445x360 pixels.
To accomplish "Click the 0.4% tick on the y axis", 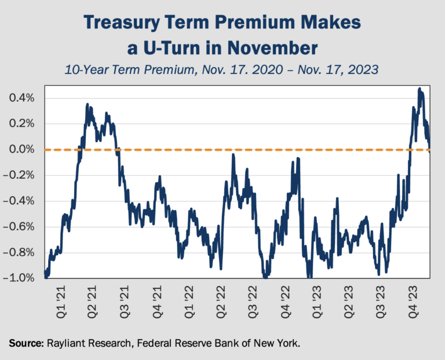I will tap(21, 98).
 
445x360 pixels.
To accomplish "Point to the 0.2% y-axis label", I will tap(21, 124).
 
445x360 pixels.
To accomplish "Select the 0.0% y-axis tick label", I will tap(21, 149).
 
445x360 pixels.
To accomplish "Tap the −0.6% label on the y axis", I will tap(20, 227).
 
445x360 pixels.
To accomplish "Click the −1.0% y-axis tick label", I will tap(20, 278).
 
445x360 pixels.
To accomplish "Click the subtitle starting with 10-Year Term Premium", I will tap(222, 69).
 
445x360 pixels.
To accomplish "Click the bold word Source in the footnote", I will tap(27, 343).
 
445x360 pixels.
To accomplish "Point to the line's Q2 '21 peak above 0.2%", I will tap(87, 105).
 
